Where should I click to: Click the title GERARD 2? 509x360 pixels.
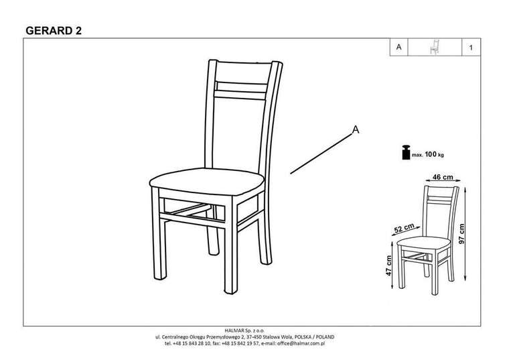[x=54, y=31]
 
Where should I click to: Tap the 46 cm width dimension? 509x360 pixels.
[x=443, y=177]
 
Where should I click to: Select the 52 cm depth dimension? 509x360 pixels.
[x=404, y=228]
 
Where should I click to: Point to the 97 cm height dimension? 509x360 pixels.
[x=461, y=233]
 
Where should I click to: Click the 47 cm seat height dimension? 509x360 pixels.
[x=388, y=265]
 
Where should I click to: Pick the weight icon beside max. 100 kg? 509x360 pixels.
[x=406, y=152]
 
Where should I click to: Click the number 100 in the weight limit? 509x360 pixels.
[x=431, y=154]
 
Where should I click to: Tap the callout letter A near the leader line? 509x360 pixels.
[x=356, y=129]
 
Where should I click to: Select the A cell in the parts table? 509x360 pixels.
[x=398, y=47]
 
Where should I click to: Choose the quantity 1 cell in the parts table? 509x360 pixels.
[x=471, y=48]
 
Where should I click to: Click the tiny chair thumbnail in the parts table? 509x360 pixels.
[x=435, y=47]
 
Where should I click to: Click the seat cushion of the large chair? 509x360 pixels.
[x=207, y=181]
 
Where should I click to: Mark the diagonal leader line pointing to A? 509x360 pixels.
[x=321, y=154]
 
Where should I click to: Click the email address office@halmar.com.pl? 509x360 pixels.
[x=301, y=343]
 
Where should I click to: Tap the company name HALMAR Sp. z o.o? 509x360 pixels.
[x=245, y=331]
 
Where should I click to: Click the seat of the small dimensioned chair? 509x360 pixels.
[x=424, y=242]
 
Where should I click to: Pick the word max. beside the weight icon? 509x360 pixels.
[x=417, y=155]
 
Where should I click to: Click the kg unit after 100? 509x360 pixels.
[x=441, y=155]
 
